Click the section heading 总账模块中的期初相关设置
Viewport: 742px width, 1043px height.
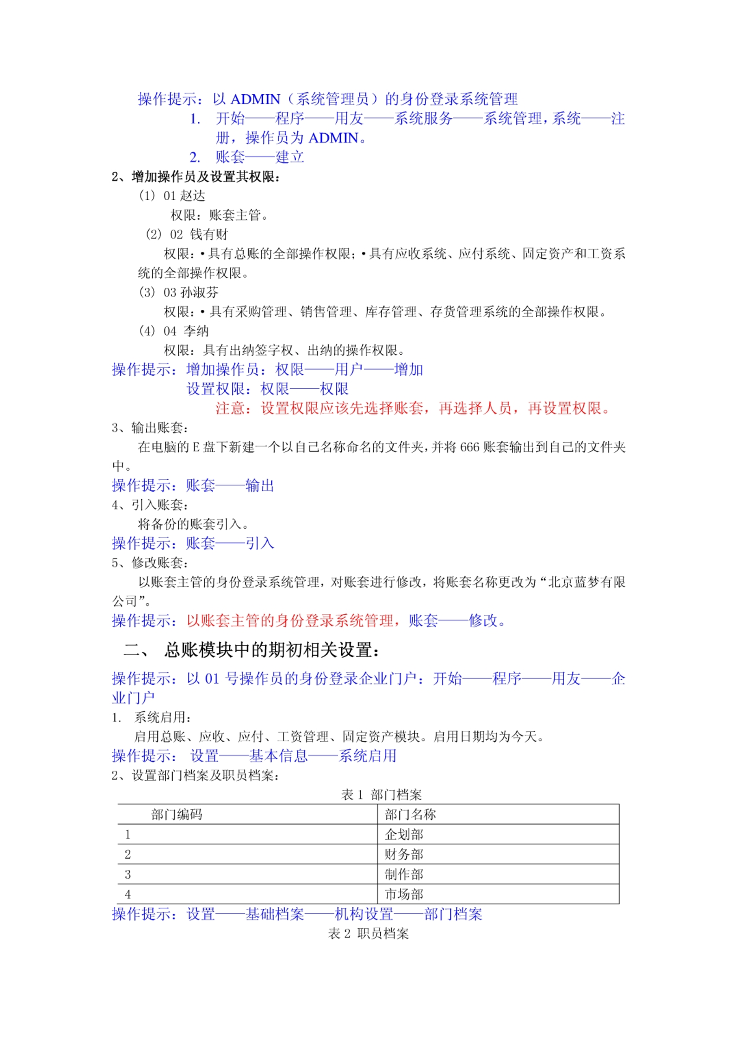pos(271,650)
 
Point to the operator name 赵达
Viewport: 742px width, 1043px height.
pos(193,196)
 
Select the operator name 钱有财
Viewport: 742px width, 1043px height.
pos(209,235)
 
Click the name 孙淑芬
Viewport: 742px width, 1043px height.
pos(199,293)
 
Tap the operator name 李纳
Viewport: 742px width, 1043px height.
pos(196,331)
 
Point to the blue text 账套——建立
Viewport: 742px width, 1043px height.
pos(260,157)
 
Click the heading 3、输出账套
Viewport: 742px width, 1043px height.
pos(150,428)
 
